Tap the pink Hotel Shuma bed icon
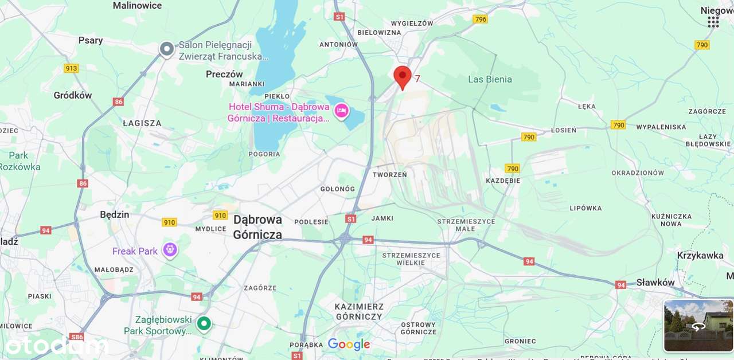tap(342, 111)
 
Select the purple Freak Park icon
tap(170, 250)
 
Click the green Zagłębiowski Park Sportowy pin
tap(204, 324)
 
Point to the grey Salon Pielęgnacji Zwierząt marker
tap(167, 49)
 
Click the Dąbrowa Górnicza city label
tap(257, 227)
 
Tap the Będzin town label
tap(115, 214)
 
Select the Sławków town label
tap(655, 283)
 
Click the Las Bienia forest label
tap(490, 79)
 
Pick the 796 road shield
tap(481, 19)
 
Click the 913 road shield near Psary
tap(71, 68)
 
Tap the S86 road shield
tap(76, 337)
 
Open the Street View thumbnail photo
tap(698, 326)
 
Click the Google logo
tap(349, 344)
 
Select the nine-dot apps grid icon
tap(713, 22)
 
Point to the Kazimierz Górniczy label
tap(359, 311)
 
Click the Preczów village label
tap(224, 74)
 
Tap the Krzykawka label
tap(700, 256)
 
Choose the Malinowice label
tap(137, 6)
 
